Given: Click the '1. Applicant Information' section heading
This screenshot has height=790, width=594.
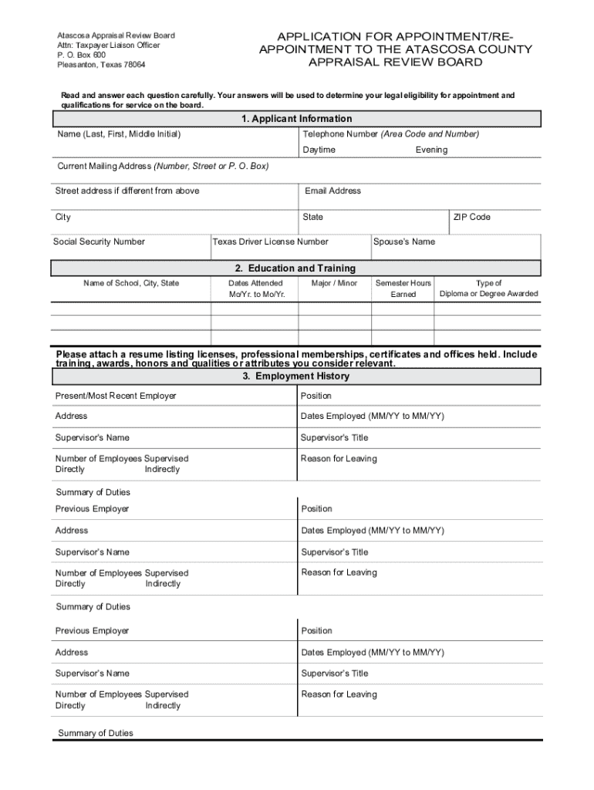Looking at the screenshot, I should click(297, 119).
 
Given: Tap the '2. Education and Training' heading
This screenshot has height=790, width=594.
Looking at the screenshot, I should click(296, 268).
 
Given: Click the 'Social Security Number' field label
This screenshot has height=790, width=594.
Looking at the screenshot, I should click(99, 241).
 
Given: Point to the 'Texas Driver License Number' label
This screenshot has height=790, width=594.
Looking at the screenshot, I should click(271, 241).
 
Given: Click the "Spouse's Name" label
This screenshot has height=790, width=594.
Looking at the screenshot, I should click(404, 241).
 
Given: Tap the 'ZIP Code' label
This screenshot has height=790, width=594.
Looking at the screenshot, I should click(472, 217).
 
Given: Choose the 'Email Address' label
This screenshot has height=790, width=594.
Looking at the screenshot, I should click(332, 191).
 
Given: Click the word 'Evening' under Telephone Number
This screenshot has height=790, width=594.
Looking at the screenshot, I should click(431, 150).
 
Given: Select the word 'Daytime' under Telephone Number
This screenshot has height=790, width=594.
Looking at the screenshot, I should click(319, 150).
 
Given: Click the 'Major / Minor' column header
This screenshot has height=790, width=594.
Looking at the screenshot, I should click(334, 283).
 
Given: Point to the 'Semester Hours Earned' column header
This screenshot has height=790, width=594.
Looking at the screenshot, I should click(403, 289).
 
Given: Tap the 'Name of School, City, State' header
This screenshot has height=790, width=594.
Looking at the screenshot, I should click(131, 283).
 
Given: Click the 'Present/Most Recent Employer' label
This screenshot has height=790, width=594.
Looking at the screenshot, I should click(116, 396).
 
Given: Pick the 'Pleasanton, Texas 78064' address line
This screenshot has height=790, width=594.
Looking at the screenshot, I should click(101, 65).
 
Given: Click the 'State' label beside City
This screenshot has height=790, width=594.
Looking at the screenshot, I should click(313, 217).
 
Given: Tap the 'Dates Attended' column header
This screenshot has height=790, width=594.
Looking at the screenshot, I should click(256, 283).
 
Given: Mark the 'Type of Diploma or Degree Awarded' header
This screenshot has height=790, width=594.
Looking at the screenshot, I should click(489, 289).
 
